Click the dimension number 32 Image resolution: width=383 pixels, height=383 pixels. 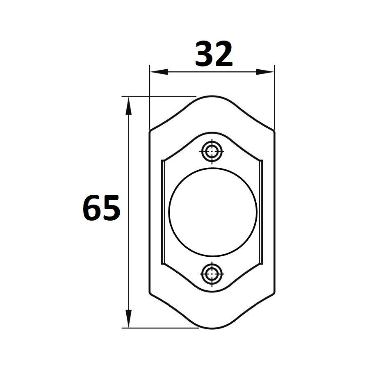click(214, 54)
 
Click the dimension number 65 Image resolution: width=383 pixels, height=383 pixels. click(101, 208)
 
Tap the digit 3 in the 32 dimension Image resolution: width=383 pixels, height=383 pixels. click(204, 54)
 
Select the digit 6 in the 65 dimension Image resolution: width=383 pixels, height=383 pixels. click(92, 208)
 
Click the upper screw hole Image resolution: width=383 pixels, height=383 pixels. click(212, 151)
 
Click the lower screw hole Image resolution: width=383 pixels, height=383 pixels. click(212, 274)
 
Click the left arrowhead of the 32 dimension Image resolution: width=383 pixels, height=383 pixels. click(159, 72)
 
